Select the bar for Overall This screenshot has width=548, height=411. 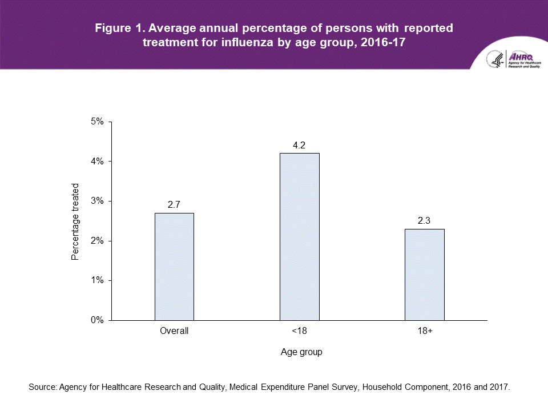(x=174, y=267)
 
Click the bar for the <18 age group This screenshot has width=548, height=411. (x=299, y=236)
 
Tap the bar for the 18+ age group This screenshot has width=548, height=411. (x=424, y=275)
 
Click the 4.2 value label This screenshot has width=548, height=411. (x=299, y=146)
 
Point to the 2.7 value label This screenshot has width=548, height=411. (x=174, y=205)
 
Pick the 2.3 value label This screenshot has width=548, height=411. (x=424, y=221)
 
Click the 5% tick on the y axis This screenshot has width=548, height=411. (x=97, y=122)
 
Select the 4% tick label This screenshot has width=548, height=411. (x=97, y=162)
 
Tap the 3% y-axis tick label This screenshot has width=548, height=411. (x=97, y=201)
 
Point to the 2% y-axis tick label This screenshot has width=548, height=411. (x=97, y=241)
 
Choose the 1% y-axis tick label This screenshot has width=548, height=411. (x=97, y=280)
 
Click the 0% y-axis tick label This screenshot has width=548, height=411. (x=97, y=320)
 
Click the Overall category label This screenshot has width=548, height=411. (x=174, y=331)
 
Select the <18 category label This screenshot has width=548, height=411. (x=299, y=331)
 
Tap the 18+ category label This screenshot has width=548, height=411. (x=424, y=331)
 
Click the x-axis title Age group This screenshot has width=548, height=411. (x=301, y=352)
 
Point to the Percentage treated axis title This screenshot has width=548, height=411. (x=75, y=221)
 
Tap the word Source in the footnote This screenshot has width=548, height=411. (x=42, y=387)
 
